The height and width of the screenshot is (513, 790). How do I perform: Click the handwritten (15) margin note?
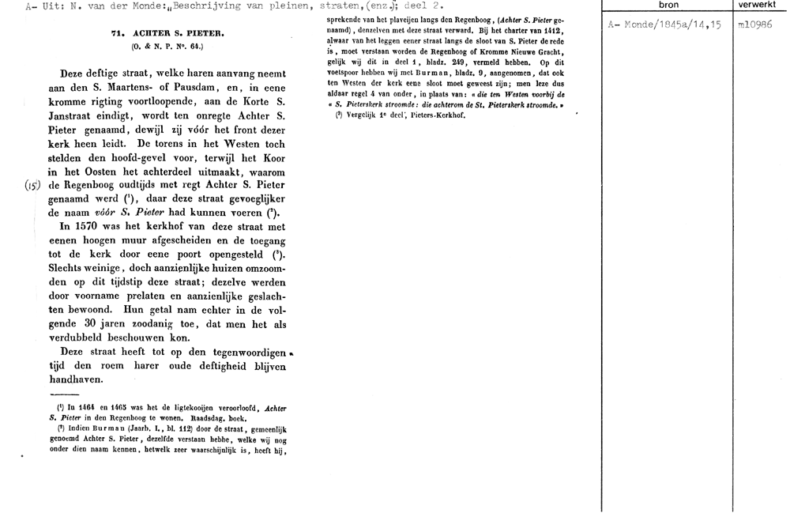coord(32,187)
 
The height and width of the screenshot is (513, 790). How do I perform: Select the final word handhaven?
coord(81,383)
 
